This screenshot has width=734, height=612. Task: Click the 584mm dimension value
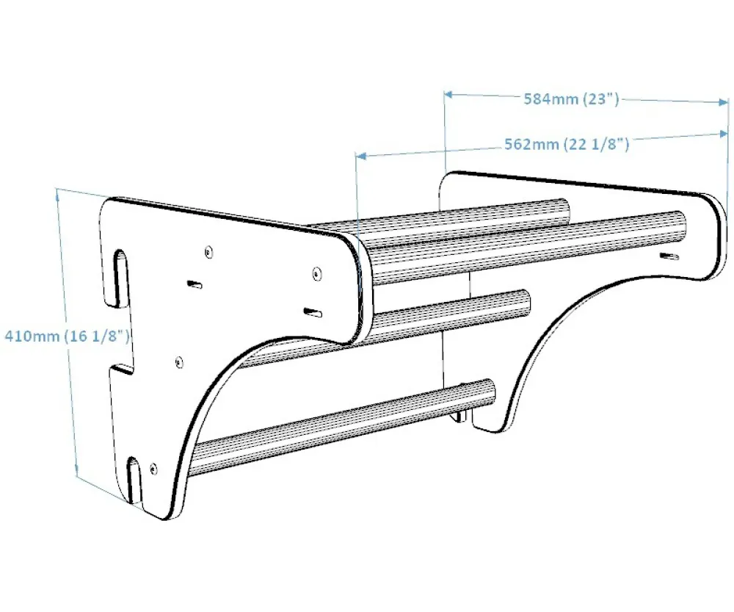pyautogui.click(x=551, y=99)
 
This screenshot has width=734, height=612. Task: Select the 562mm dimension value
pyautogui.click(x=531, y=144)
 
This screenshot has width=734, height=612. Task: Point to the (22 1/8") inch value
pyautogui.click(x=596, y=144)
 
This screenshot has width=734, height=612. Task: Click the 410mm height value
pyautogui.click(x=32, y=336)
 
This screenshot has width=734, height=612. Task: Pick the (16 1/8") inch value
pyautogui.click(x=97, y=336)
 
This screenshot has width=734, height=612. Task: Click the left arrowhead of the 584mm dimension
pyautogui.click(x=448, y=94)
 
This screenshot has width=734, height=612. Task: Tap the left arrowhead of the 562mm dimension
pyautogui.click(x=360, y=156)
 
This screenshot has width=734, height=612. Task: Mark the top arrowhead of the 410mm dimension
pyautogui.click(x=59, y=193)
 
